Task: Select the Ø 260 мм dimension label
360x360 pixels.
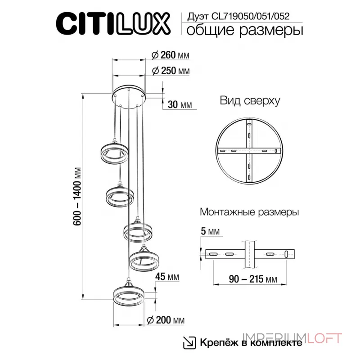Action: click(171, 55)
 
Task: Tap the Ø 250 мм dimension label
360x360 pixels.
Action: click(171, 71)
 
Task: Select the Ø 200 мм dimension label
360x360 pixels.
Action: click(166, 320)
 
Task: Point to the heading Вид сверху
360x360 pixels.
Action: click(250, 100)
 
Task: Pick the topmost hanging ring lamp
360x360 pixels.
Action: click(113, 154)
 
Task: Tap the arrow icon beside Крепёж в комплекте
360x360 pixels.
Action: click(189, 342)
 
